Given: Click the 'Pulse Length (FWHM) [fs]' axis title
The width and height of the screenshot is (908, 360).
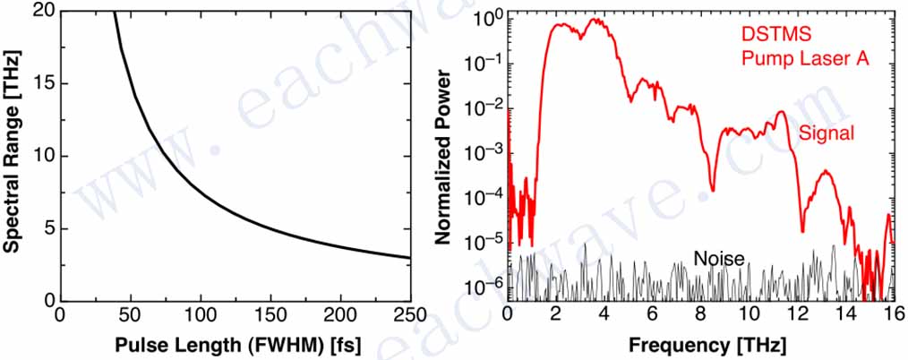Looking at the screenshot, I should coord(233,345).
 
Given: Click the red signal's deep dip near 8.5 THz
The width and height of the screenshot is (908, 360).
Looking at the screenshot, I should coord(712,189).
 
